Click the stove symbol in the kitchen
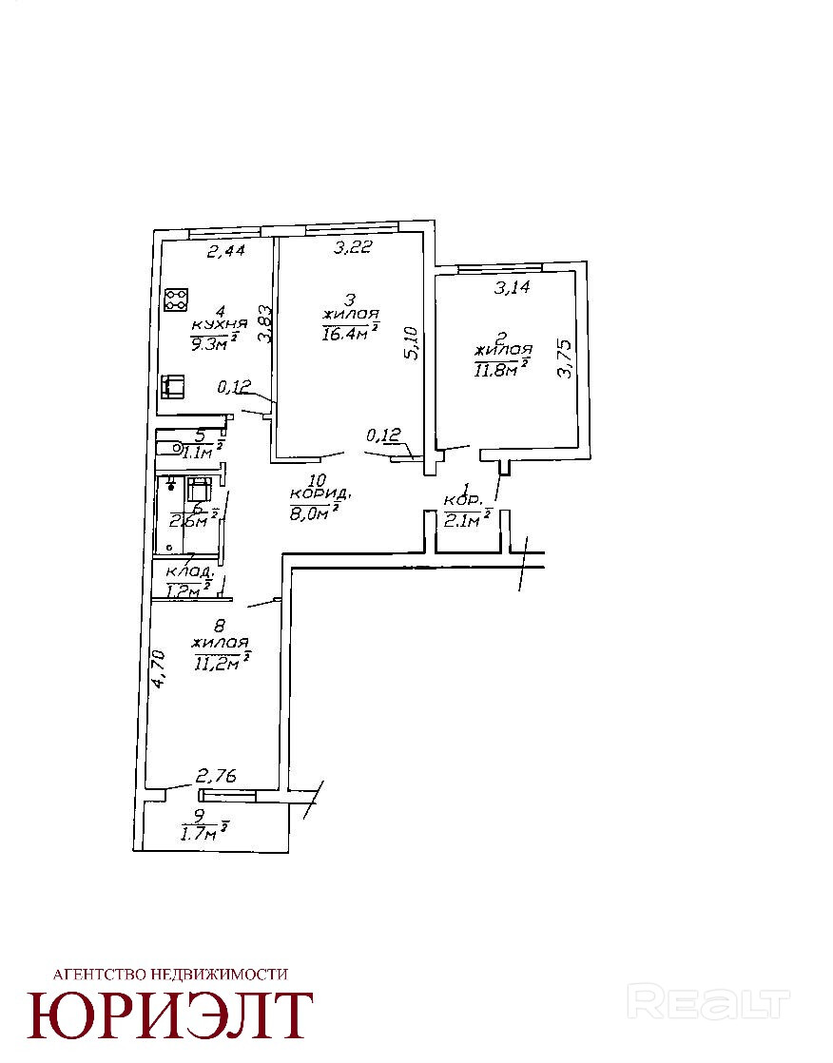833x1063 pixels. (176, 300)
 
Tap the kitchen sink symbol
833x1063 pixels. (173, 386)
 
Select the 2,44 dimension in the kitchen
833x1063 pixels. (226, 252)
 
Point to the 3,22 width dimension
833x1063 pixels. (351, 249)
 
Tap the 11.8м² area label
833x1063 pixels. (500, 367)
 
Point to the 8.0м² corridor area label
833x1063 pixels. (314, 514)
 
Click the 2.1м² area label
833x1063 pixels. (467, 517)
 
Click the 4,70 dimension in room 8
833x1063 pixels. (161, 667)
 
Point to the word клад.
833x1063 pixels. (187, 571)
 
